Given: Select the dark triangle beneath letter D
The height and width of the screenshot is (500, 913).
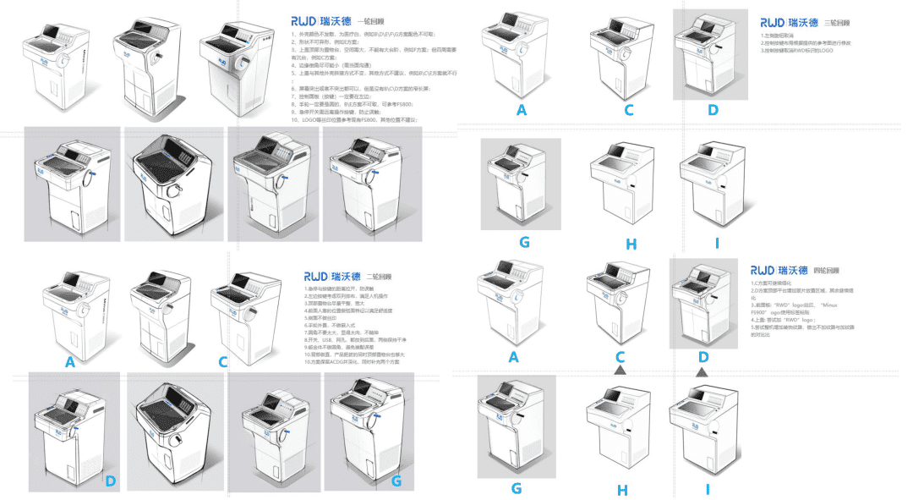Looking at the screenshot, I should [x=702, y=371].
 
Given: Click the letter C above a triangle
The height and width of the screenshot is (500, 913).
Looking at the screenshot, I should [x=621, y=357].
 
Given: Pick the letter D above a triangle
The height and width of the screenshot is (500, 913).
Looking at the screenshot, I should [x=702, y=357].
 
